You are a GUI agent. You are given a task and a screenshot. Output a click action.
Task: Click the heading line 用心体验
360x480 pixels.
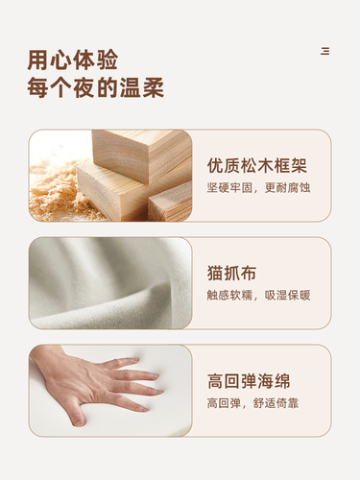coord(73,60)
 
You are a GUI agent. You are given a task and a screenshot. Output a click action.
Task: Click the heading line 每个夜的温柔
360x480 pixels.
coord(95,87)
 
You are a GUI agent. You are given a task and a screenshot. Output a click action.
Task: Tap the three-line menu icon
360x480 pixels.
coord(325,51)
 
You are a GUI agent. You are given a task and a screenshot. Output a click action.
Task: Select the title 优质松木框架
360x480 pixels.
coord(257,165)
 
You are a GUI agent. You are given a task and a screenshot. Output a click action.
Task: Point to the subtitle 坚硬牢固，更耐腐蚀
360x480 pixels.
coord(258,188)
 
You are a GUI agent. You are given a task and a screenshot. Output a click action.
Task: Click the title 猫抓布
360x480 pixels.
coord(231,274)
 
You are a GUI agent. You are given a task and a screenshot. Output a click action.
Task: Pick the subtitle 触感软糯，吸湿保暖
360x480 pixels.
coord(258,296)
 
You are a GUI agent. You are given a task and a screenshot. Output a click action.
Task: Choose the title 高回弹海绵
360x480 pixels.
coord(249,381)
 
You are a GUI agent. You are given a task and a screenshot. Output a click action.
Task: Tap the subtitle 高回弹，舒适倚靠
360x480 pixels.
coord(252,403)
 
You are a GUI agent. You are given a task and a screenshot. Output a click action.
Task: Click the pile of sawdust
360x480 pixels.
coord(56,192)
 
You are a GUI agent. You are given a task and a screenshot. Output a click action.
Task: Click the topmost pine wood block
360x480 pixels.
coord(141,154)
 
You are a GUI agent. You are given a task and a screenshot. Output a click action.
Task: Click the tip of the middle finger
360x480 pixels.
coord(160,392)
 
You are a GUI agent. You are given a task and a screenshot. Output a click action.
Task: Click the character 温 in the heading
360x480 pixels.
coord(130,87)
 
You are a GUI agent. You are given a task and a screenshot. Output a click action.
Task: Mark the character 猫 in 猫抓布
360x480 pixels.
coord(215,274)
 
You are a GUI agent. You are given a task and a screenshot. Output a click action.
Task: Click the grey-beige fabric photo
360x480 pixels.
coord(110,283)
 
